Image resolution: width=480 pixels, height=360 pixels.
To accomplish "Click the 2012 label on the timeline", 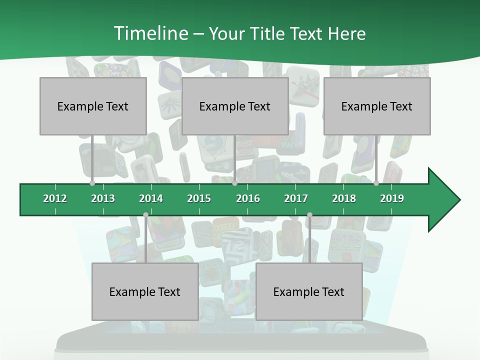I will (55, 198).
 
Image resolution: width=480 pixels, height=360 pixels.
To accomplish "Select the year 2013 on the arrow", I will (103, 198).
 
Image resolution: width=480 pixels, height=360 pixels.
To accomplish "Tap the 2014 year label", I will (151, 198).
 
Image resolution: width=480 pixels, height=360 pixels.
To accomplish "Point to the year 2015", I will (199, 198).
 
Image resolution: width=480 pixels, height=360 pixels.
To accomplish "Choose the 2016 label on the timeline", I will (248, 198).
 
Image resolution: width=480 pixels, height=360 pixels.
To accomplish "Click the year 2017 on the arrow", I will (296, 198).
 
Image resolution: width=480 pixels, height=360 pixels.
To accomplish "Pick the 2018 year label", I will (344, 198).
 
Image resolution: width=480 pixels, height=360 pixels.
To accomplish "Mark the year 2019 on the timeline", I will (392, 198).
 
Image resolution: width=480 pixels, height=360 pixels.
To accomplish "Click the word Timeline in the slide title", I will (150, 33).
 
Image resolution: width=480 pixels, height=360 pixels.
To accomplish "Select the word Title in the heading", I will (267, 33).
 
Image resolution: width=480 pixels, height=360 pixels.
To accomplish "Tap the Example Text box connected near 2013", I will (93, 106).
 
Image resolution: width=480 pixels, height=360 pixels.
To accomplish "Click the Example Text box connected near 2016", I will (235, 106).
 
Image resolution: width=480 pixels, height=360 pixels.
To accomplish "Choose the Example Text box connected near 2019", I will (377, 106).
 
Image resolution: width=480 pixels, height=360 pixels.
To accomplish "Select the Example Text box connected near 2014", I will (145, 291).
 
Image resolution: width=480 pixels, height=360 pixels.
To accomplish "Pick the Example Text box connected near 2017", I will (309, 291).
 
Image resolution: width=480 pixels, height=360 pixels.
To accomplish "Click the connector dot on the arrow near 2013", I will (92, 183).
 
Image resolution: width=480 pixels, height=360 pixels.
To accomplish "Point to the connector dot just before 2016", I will (234, 183).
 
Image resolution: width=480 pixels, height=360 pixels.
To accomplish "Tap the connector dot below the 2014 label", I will (145, 215).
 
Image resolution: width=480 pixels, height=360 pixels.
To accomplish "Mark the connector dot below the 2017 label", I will (309, 215).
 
